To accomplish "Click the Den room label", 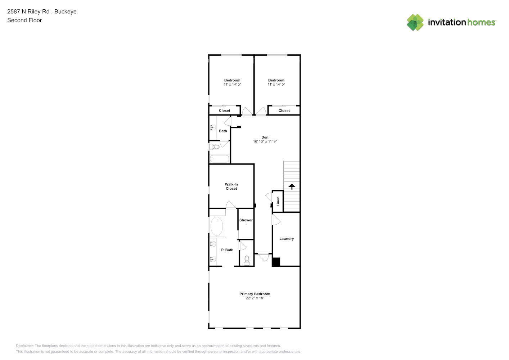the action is (x=265, y=137).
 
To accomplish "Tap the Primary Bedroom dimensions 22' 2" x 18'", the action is (x=255, y=298).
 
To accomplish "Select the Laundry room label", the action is (x=287, y=239).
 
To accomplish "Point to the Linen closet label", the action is (x=278, y=201).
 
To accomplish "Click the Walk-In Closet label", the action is (x=231, y=186).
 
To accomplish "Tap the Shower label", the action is (x=246, y=220).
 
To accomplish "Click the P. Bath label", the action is (x=227, y=250).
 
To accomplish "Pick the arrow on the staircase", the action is (x=292, y=186).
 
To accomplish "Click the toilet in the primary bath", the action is (x=247, y=260).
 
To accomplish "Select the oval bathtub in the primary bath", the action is (x=217, y=226).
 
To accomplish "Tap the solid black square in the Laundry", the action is (x=276, y=262).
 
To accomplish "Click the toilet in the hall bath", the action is (x=214, y=147).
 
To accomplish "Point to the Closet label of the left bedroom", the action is (x=225, y=111).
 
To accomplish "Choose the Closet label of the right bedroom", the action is (x=284, y=111).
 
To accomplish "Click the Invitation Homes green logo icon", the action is (x=415, y=22).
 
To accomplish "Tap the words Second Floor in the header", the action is (x=24, y=20).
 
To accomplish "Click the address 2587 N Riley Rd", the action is (x=28, y=12).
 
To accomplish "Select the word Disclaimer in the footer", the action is (x=24, y=346).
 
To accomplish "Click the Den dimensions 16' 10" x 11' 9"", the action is (x=265, y=141).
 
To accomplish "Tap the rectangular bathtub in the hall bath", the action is (x=220, y=159).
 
